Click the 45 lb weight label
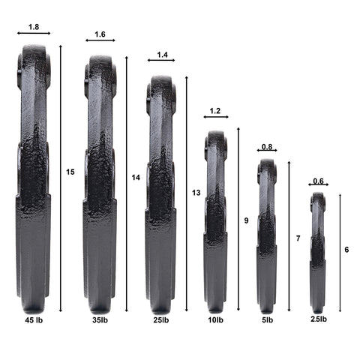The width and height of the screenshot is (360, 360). tap(34, 320)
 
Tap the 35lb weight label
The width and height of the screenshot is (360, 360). tap(100, 320)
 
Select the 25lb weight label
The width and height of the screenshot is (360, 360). tap(161, 320)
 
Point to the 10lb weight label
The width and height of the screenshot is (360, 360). tap(216, 320)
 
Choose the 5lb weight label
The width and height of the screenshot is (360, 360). tap(267, 320)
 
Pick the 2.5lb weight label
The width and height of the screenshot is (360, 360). tap(319, 319)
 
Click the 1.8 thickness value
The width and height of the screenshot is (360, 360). tap(34, 27)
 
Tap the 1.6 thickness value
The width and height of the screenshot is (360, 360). tap(100, 34)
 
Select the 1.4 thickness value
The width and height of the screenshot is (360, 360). tap(162, 55)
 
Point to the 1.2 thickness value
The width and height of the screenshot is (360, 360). tap(215, 111)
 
